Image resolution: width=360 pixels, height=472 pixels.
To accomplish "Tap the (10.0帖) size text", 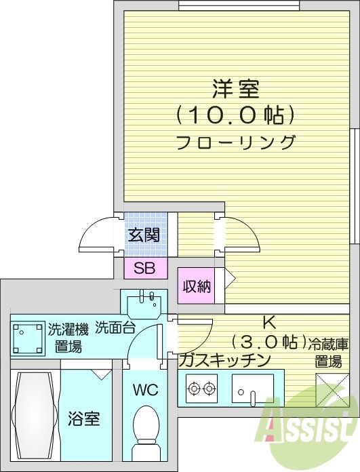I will pyautogui.click(x=236, y=115).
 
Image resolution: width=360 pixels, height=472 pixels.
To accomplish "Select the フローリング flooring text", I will pyautogui.click(x=235, y=142).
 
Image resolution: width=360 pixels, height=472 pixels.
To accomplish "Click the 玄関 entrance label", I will pyautogui.click(x=144, y=235).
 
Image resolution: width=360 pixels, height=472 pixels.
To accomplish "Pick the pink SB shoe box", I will pyautogui.click(x=144, y=268).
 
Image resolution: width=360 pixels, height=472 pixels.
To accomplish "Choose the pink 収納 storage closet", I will pyautogui.click(x=197, y=286).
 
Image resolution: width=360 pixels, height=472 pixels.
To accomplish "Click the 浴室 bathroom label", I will pyautogui.click(x=84, y=418).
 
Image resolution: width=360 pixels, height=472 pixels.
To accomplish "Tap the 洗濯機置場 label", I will pyautogui.click(x=68, y=338).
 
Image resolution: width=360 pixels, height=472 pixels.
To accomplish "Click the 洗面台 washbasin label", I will pyautogui.click(x=115, y=327).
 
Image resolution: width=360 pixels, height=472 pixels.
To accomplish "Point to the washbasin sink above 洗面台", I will pyautogui.click(x=144, y=298).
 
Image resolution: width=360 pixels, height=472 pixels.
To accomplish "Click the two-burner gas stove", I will pyautogui.click(x=201, y=389).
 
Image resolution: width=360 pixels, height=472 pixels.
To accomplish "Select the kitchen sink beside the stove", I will pyautogui.click(x=252, y=389).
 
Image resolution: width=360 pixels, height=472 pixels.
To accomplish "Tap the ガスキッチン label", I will pyautogui.click(x=224, y=359).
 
